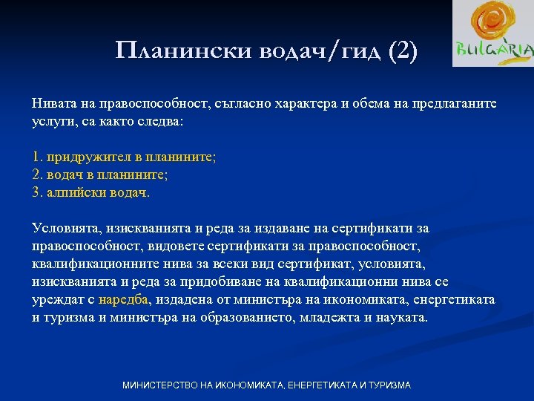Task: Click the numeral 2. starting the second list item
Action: [38, 175]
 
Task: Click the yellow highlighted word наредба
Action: [125, 300]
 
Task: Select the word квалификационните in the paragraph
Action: [88, 264]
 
